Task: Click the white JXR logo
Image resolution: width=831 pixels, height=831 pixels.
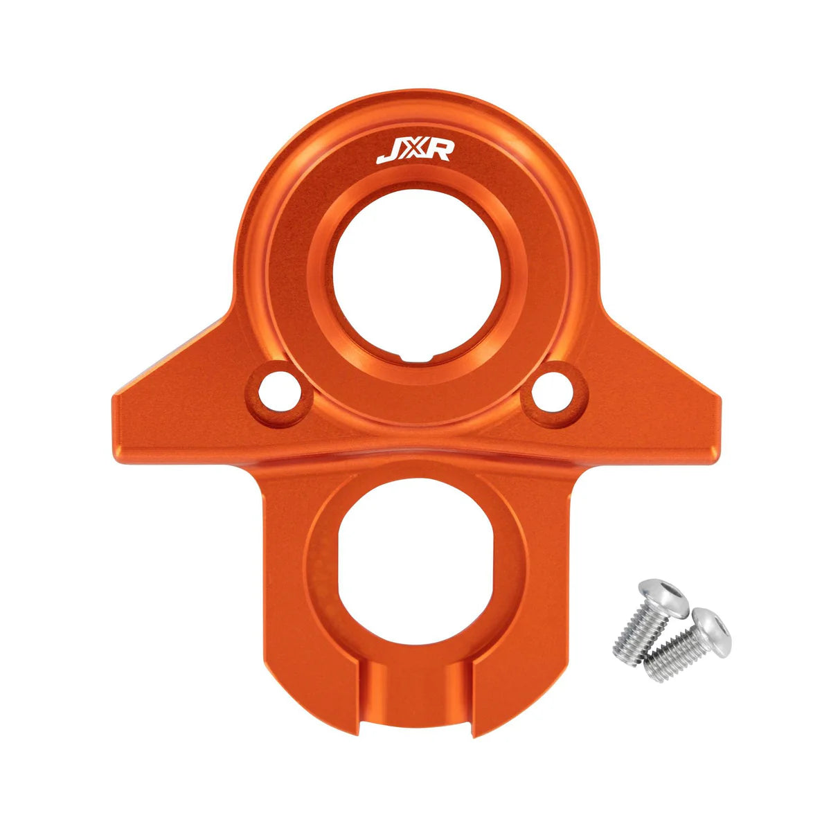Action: (x=414, y=151)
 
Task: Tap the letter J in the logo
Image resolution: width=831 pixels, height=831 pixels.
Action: (x=388, y=152)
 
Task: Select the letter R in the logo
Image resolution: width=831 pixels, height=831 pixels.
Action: (x=438, y=151)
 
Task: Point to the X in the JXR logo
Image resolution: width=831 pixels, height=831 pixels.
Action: (x=413, y=151)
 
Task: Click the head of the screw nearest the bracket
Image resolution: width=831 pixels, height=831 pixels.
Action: (x=664, y=596)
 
